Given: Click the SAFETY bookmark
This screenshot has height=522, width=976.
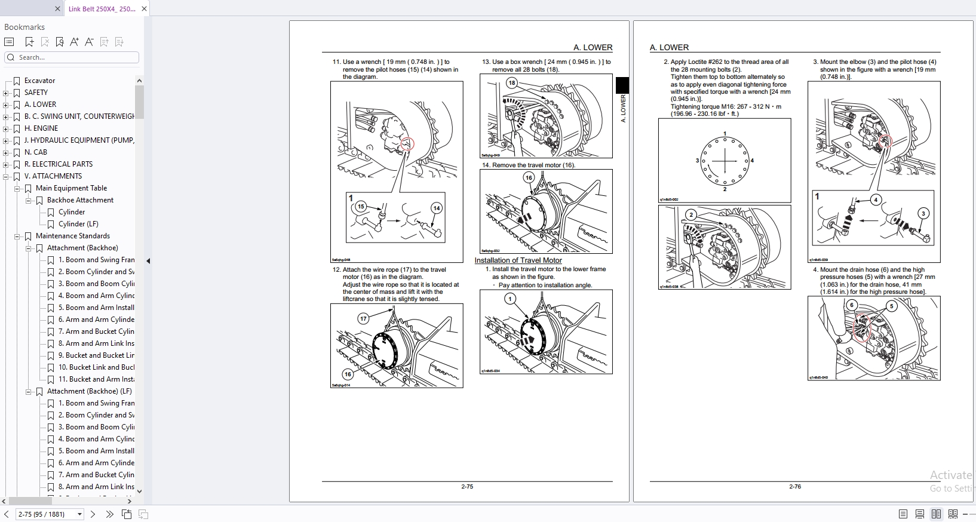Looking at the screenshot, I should [36, 93].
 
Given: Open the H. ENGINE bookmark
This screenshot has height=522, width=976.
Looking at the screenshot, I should [41, 128].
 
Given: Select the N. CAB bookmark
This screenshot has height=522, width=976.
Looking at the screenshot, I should [35, 152].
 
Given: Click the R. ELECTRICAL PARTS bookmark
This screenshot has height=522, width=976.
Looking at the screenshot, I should [58, 164].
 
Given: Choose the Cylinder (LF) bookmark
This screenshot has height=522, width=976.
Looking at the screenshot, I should [78, 224].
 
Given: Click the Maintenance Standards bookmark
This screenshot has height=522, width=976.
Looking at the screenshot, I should [72, 236].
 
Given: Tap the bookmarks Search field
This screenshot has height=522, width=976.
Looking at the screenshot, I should [75, 57].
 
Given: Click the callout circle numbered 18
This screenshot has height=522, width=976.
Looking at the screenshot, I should [512, 83].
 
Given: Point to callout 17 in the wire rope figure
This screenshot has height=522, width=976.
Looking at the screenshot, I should [363, 318].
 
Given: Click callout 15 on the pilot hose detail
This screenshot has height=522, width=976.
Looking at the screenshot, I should [361, 207].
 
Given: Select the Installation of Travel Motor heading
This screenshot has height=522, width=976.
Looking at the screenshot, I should [518, 260].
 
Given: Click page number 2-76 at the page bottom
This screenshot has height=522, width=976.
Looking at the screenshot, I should [794, 487].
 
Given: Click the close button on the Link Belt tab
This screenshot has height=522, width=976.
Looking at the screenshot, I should [145, 9].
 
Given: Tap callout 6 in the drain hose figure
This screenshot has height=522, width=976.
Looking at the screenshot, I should [852, 305].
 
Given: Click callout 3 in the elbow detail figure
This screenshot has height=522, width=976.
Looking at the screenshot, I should [923, 213].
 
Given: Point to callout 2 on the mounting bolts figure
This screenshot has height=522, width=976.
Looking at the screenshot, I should [691, 215].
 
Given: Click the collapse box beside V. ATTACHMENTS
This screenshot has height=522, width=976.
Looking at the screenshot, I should [6, 176].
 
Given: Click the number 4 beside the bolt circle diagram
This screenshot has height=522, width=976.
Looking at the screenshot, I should [752, 161].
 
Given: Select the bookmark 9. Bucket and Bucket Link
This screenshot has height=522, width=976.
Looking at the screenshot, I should [96, 355].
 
